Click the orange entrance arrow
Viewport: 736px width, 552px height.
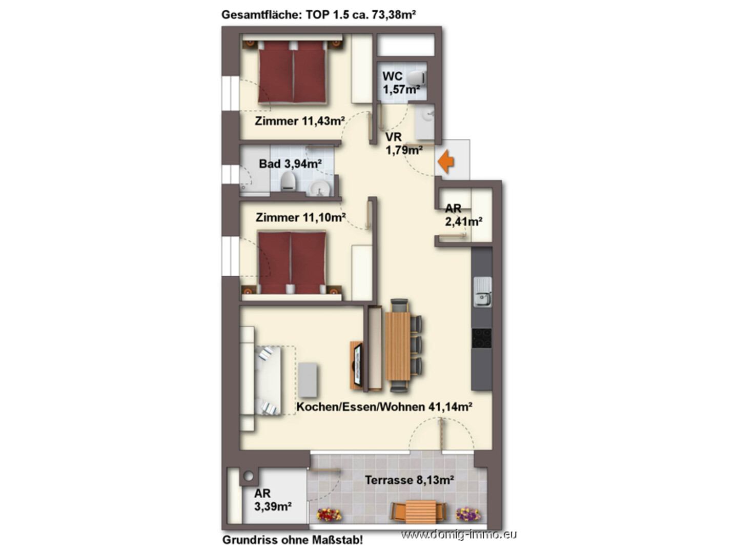(445, 161)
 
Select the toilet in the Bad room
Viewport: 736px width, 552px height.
(288, 181)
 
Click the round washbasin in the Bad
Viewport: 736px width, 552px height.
(319, 188)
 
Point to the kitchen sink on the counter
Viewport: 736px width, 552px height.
(482, 292)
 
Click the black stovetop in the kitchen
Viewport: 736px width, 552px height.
(481, 338)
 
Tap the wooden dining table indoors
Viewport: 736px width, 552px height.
(397, 346)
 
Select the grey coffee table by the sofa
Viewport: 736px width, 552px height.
(308, 379)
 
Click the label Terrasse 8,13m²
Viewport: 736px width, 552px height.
(410, 480)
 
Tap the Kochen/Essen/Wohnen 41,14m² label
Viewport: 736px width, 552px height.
(384, 407)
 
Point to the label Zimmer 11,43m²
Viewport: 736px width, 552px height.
(300, 120)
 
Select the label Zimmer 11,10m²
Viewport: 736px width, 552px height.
(300, 217)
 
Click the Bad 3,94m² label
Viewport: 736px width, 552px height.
(291, 163)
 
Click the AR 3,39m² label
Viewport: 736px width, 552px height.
(273, 500)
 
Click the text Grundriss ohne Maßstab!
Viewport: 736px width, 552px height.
(292, 540)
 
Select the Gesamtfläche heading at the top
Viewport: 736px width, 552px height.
(319, 15)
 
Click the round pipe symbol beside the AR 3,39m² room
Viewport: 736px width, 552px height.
(249, 476)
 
